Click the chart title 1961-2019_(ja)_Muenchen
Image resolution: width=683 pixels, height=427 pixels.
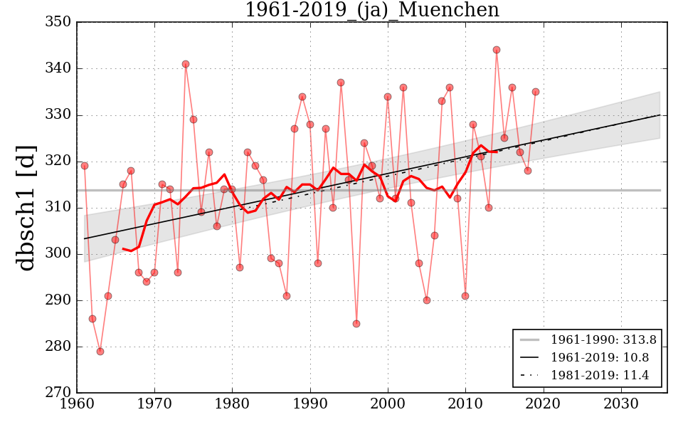coord(371,10)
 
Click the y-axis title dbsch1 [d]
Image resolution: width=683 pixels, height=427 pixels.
coord(26,207)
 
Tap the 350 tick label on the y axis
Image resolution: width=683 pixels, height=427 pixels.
coord(58,22)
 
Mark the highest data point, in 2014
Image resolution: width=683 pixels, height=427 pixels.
coord(497,50)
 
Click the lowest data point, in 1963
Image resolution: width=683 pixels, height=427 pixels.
coord(100,352)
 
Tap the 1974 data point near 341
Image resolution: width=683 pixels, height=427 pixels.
coord(186,64)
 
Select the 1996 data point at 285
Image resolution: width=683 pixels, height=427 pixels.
coord(356,324)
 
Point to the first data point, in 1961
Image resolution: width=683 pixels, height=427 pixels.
coord(85,166)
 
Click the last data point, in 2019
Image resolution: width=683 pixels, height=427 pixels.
coord(536,92)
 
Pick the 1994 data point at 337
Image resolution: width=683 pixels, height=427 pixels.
coord(341,83)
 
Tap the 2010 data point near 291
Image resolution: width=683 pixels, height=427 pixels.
coord(465,296)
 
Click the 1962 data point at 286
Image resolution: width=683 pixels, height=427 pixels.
coord(92,319)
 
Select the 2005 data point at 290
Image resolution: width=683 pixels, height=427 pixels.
coord(427,300)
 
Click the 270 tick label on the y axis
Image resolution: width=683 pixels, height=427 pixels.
coord(58,393)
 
